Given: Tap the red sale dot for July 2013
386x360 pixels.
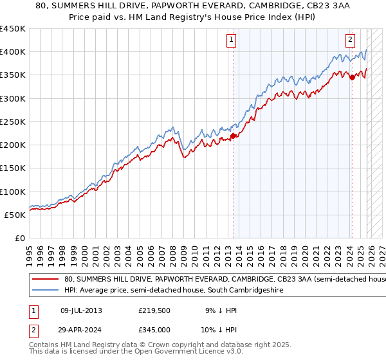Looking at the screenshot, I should click(x=233, y=136).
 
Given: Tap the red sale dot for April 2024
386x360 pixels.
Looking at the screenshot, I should click(x=352, y=77).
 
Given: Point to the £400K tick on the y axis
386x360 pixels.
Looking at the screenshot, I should click(x=13, y=52).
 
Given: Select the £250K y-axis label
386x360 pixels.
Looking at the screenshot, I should click(x=13, y=122).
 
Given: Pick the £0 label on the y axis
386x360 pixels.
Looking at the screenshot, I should click(x=20, y=238).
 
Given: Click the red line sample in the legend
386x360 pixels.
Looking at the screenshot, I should click(x=46, y=280).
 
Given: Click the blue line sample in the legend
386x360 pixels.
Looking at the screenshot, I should click(x=46, y=291).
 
